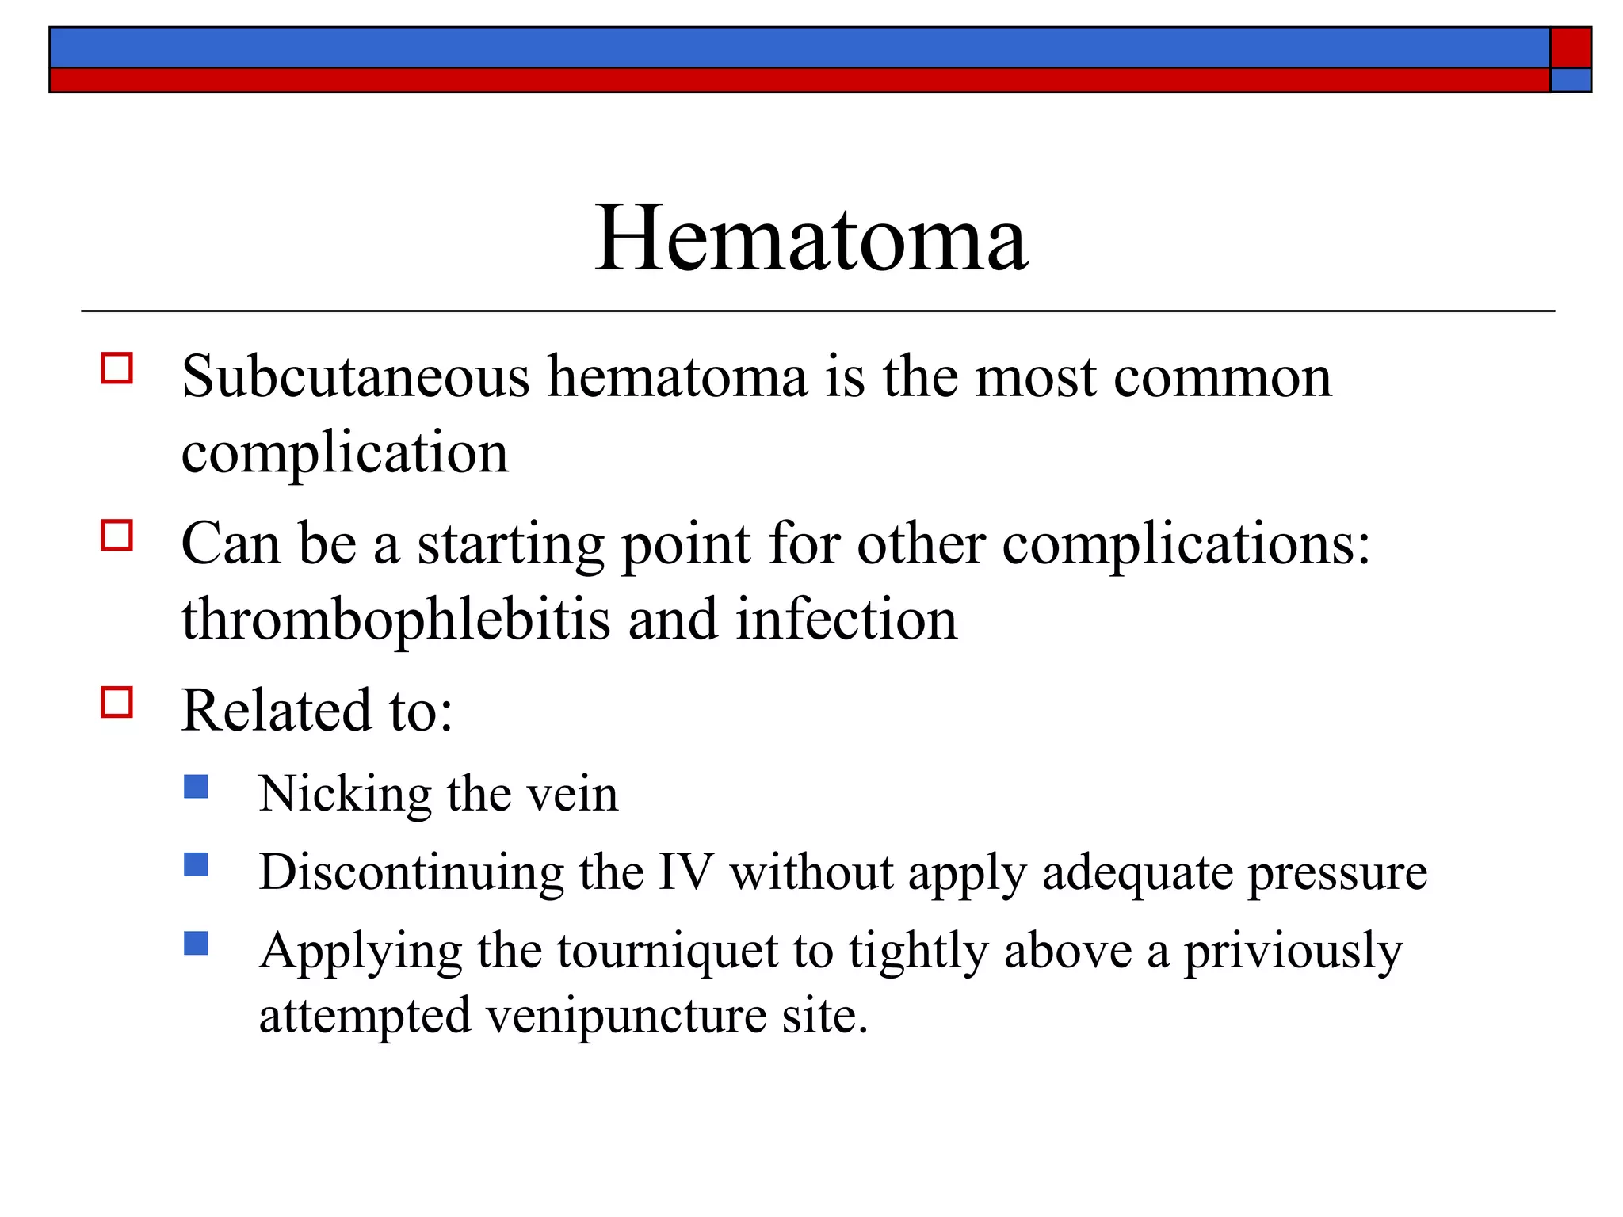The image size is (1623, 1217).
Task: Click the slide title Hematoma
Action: tap(811, 238)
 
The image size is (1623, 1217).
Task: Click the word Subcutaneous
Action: tap(355, 377)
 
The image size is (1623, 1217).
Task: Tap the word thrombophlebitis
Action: tap(395, 620)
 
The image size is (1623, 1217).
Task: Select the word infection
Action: tap(846, 620)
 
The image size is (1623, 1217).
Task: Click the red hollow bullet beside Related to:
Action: tap(116, 702)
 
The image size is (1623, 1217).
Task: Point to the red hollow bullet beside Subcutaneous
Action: tap(116, 368)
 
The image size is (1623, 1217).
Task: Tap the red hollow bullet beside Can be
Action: tap(116, 536)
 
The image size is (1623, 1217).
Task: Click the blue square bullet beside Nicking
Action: tap(196, 786)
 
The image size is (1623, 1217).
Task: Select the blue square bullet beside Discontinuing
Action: tap(196, 864)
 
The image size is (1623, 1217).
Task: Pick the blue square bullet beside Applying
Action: tap(196, 943)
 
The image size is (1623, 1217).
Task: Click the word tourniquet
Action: tap(667, 952)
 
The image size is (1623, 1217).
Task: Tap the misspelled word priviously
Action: tap(1293, 952)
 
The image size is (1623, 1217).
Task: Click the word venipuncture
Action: tap(625, 1017)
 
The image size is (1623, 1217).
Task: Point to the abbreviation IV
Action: tap(686, 873)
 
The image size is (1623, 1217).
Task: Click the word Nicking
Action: tap(345, 795)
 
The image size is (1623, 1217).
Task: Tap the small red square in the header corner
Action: tap(1570, 48)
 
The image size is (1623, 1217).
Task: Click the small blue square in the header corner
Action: tap(1570, 80)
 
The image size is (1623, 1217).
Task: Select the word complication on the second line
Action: tap(345, 455)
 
